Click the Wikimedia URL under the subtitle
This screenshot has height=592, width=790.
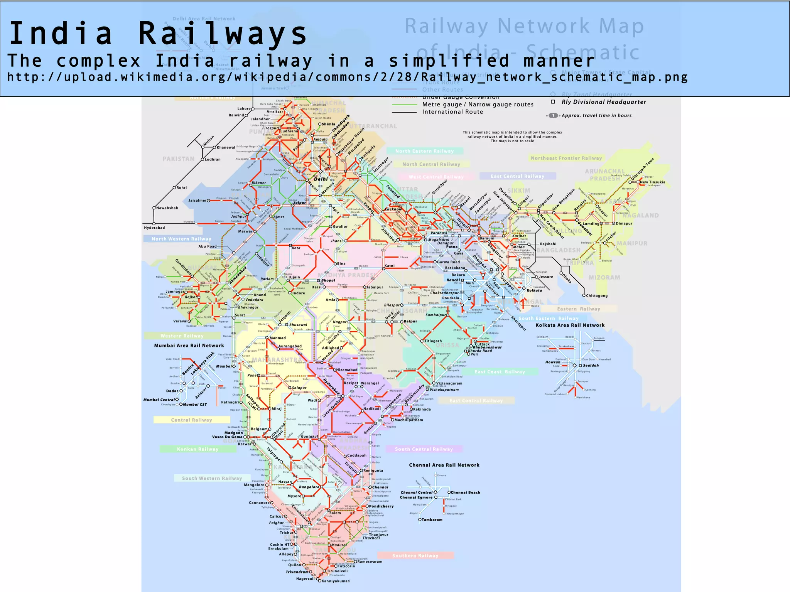click(347, 77)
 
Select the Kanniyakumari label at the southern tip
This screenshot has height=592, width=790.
click(336, 581)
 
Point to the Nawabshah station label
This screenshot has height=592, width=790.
click(167, 208)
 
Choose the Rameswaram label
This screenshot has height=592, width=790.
click(370, 562)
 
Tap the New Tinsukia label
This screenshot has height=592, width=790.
click(652, 182)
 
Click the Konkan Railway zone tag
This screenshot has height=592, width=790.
click(197, 449)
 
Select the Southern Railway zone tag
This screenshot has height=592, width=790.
click(415, 556)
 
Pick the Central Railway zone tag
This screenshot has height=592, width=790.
click(191, 420)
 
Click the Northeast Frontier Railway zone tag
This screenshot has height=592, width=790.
click(566, 158)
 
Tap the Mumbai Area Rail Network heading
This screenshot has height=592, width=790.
click(189, 346)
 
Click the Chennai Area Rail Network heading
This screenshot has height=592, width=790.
click(444, 465)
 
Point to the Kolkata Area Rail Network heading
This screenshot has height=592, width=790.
click(570, 325)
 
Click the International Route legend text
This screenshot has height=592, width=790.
click(452, 112)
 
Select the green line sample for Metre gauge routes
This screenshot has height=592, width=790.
click(404, 105)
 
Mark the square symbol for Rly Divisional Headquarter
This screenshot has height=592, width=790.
click(553, 102)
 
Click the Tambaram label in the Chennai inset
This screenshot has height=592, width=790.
click(432, 519)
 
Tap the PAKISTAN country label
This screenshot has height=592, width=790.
click(179, 159)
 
